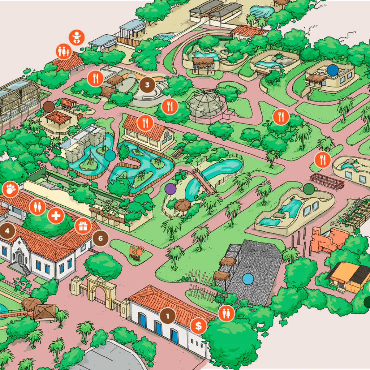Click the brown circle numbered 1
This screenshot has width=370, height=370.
(x=167, y=316)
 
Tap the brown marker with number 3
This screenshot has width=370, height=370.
(x=147, y=85)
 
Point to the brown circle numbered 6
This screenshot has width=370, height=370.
(x=100, y=238)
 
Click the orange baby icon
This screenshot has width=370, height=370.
(x=77, y=37)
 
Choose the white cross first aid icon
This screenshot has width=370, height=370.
(x=56, y=216)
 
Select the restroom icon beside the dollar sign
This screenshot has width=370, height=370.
(x=227, y=313)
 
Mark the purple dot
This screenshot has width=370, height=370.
(x=170, y=188)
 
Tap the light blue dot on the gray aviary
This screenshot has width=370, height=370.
(x=248, y=279)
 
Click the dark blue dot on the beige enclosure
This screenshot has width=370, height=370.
(x=332, y=70)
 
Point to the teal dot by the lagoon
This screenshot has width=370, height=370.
(x=110, y=155)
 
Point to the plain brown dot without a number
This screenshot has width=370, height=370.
(x=48, y=106)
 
